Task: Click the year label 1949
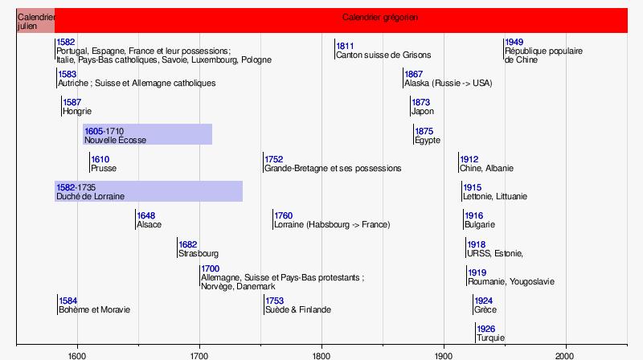pos(514,42)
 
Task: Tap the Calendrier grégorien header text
pos(380,17)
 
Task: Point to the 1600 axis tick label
pos(77,354)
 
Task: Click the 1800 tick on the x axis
pos(321,354)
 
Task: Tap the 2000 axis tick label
pos(565,354)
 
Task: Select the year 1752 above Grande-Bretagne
pos(275,159)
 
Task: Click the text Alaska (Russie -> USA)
pos(448,83)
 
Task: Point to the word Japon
pos(422,112)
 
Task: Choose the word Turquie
pos(490,337)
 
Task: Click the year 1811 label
pos(346,46)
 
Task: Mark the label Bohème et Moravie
pos(94,309)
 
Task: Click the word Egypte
pos(428,140)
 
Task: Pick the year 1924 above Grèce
pos(484,301)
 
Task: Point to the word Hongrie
pos(77,111)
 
